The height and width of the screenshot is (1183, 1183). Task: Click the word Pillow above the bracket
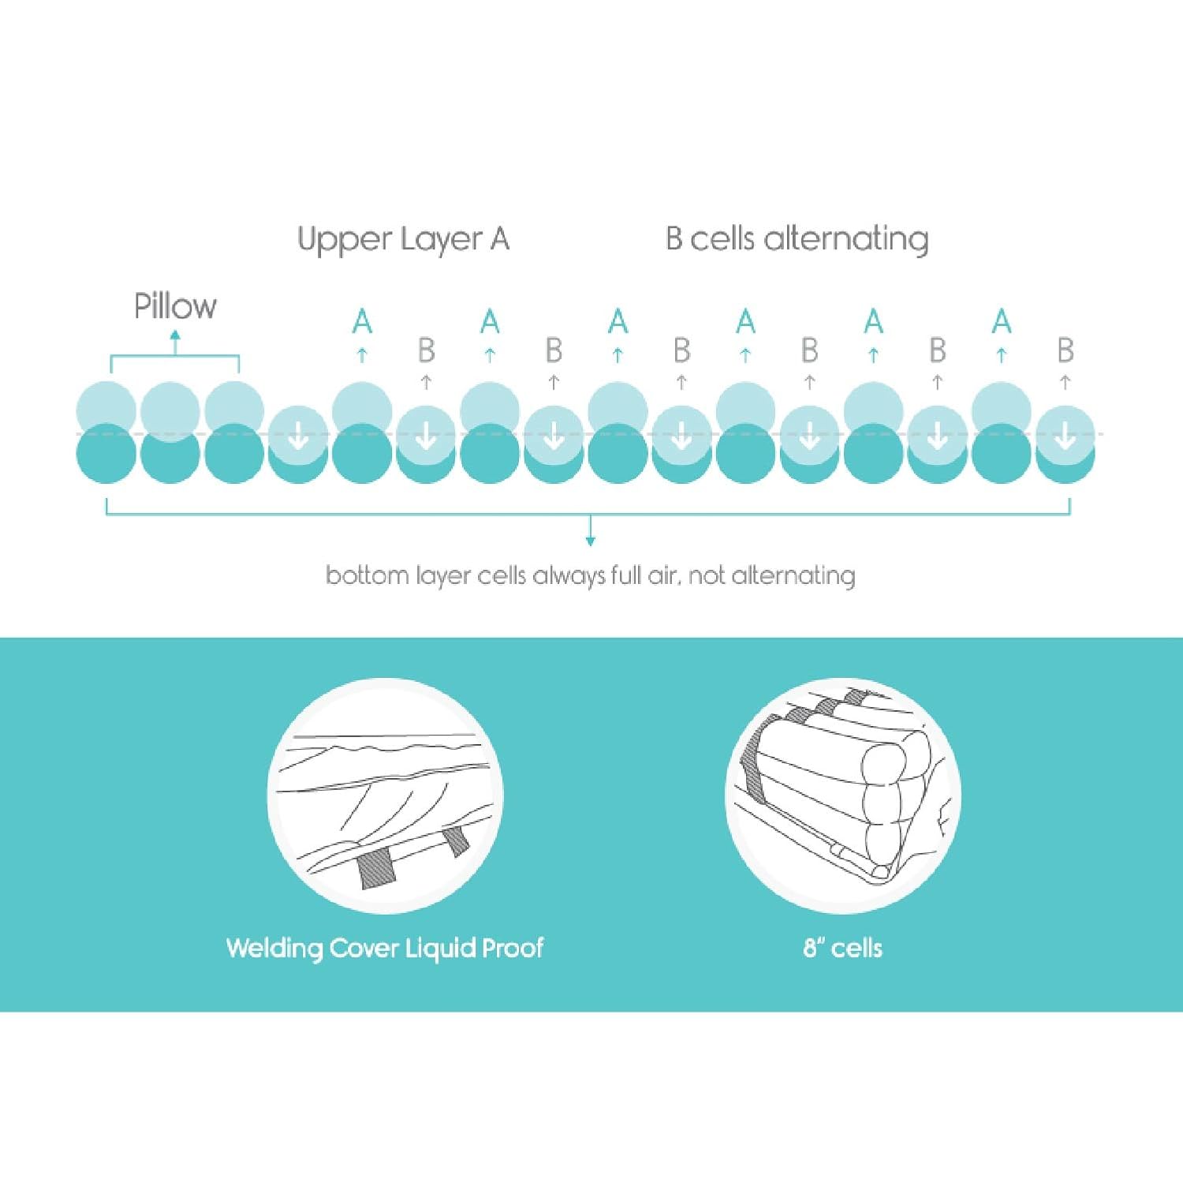click(x=175, y=306)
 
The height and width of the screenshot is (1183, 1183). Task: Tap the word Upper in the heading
click(x=345, y=239)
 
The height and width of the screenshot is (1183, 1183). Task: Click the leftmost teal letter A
click(x=362, y=322)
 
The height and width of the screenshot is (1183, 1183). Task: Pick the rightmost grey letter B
click(x=1065, y=350)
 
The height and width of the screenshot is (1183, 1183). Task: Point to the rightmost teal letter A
click(x=1002, y=322)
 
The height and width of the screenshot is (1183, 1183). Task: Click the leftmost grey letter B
click(x=426, y=350)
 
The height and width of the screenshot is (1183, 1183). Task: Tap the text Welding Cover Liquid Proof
click(x=385, y=948)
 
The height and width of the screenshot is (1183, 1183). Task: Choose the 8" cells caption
click(x=842, y=948)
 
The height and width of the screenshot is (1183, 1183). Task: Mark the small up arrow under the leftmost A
click(x=362, y=355)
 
